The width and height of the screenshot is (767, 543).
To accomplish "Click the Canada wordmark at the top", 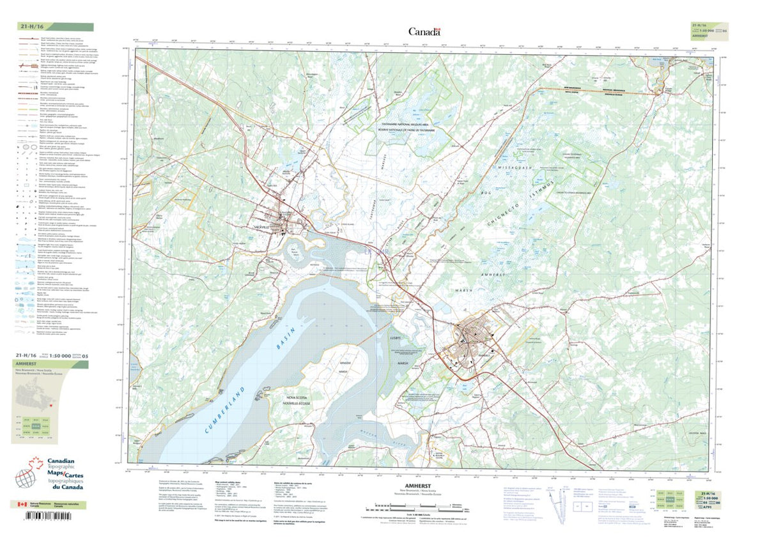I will click(424, 32).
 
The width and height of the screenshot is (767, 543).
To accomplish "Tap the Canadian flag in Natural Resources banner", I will click(22, 505).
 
